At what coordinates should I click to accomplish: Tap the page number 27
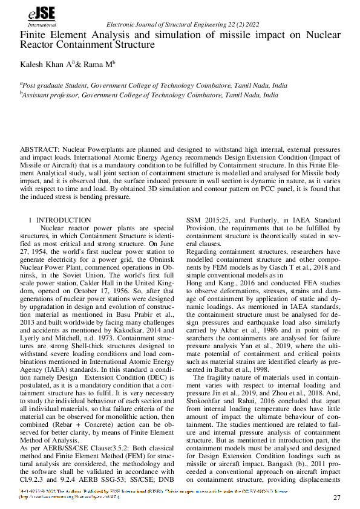point(337,497)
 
